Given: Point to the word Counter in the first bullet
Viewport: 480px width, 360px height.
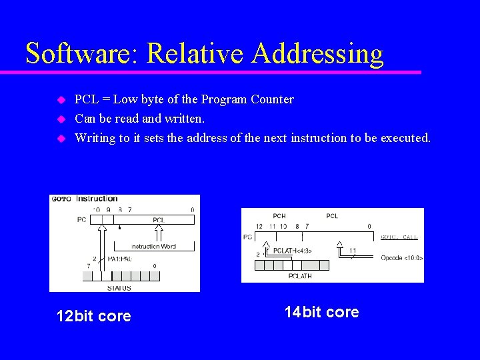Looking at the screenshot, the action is pyautogui.click(x=272, y=99).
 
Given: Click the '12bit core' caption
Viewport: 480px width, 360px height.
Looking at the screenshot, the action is pyautogui.click(x=94, y=316).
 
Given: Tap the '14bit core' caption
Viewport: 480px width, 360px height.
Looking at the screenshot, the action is pyautogui.click(x=321, y=312).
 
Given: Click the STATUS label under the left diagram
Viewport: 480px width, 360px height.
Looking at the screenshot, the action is pyautogui.click(x=119, y=288).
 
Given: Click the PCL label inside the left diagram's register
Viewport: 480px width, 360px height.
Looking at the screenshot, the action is pyautogui.click(x=159, y=219).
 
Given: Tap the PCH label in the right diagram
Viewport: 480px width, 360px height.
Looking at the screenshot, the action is pyautogui.click(x=279, y=216).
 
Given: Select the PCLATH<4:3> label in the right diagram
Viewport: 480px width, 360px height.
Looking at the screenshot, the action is pyautogui.click(x=293, y=251).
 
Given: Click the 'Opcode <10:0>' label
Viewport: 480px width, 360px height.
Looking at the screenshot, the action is pyautogui.click(x=401, y=257).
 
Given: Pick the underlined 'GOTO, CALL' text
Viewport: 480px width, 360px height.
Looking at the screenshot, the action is pyautogui.click(x=399, y=237).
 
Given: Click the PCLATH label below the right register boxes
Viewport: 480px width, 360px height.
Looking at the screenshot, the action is pyautogui.click(x=300, y=275).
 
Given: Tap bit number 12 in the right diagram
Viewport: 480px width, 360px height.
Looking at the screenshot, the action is pyautogui.click(x=259, y=227).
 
